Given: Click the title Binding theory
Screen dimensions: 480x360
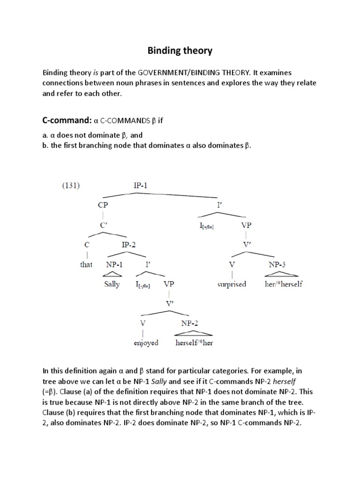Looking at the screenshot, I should [180, 51].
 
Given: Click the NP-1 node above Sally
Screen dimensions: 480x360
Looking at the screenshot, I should [114, 264].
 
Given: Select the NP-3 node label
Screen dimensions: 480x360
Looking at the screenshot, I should [277, 264].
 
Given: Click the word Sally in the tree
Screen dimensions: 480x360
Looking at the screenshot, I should [112, 284].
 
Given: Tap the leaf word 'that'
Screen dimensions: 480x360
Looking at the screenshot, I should [86, 264].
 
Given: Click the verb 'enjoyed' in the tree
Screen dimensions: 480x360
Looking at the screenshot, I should [146, 343].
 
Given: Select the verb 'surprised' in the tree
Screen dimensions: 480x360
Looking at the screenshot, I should [232, 284].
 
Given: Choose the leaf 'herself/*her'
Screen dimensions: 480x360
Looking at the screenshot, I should [194, 343].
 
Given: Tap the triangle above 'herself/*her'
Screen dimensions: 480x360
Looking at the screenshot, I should [193, 332].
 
